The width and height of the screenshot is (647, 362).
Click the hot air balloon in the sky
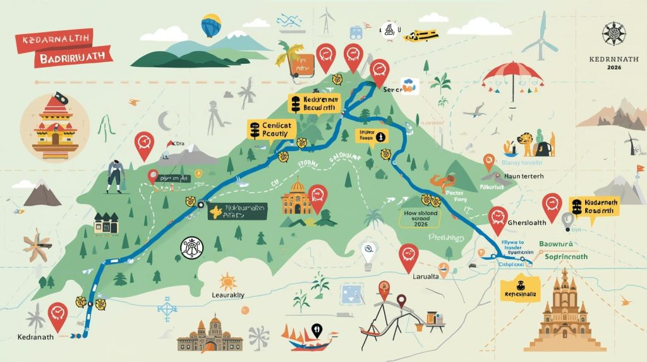(x=210, y=25)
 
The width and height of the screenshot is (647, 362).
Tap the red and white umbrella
(x=512, y=74)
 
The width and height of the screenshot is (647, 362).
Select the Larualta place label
(x=413, y=275)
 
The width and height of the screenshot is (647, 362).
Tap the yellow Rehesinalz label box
(x=520, y=294)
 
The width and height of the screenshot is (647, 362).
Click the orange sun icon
(x=227, y=281)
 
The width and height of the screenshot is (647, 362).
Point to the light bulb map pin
(x=369, y=253)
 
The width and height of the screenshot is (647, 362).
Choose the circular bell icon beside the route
(x=190, y=249)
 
